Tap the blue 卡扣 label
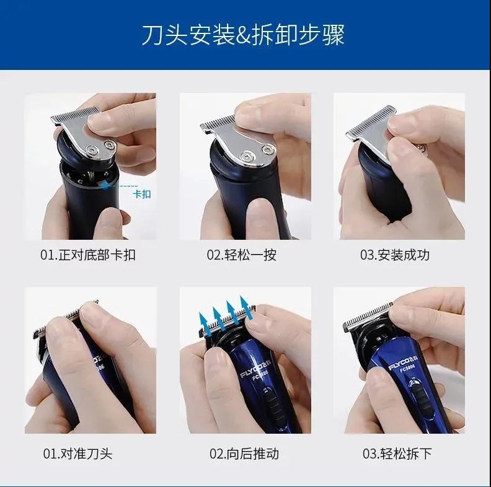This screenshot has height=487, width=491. pos(142,194)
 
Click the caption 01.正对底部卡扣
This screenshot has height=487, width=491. pos(88,255)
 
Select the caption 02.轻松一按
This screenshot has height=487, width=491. pos(241,255)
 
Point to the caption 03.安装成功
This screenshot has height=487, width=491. pos(394,255)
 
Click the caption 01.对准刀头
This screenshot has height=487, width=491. pos(77,454)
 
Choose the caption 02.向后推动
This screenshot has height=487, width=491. pos(244,454)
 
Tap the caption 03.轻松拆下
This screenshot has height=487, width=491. pos(397,454)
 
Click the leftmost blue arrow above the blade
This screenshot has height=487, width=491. pos(205,324)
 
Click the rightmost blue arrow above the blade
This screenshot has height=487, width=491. pos(246,308)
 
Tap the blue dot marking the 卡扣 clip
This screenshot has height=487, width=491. pos(105,186)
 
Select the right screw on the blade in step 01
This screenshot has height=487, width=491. pos(110,144)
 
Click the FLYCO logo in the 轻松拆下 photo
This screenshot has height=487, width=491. pos(402,366)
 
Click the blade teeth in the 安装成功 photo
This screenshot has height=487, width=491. pos(370,121)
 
